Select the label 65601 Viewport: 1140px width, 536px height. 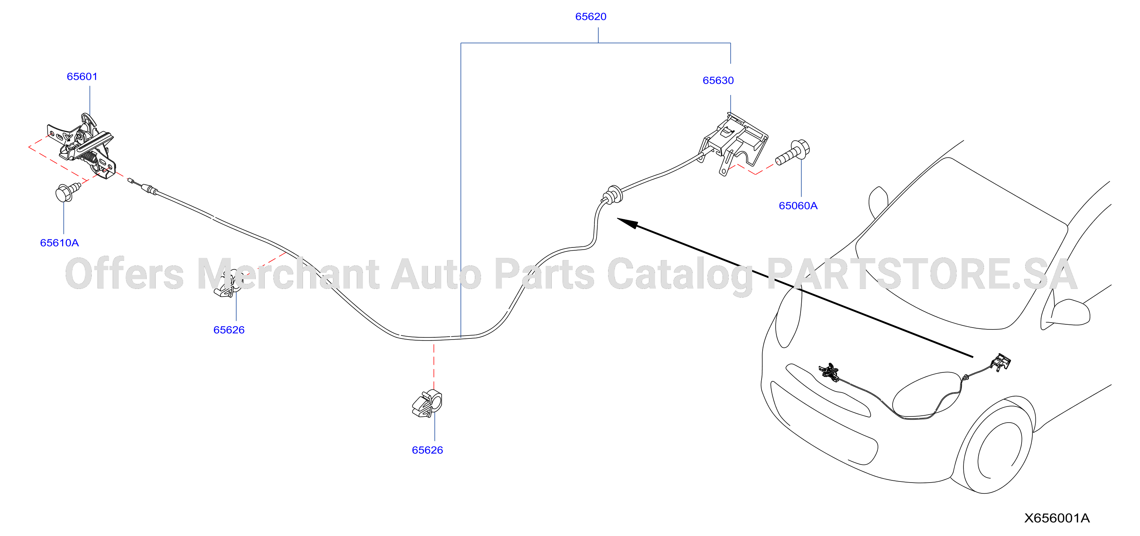click(82, 77)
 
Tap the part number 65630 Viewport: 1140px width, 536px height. click(718, 81)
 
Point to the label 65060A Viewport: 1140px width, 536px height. click(798, 206)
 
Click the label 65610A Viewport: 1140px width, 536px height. click(59, 243)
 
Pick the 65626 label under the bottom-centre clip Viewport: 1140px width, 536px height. click(427, 450)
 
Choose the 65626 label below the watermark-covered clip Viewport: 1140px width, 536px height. click(229, 330)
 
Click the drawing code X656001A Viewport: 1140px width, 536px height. click(1057, 518)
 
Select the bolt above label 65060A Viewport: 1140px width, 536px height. click(793, 153)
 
